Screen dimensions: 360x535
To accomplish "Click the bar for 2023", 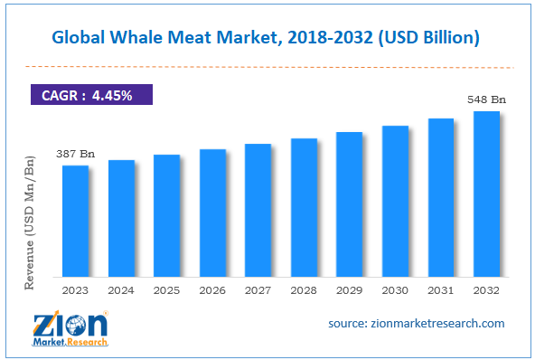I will click(75, 221).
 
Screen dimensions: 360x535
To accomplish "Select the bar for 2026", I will click(212, 213).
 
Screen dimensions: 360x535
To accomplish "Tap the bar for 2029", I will click(349, 204).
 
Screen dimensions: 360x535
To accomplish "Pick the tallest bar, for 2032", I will click(486, 194).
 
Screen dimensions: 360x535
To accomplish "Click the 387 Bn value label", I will click(75, 154).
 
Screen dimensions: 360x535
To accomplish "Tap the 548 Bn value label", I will click(484, 99).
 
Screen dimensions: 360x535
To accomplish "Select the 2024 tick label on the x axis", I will click(121, 290).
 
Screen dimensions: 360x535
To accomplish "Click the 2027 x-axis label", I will click(258, 290).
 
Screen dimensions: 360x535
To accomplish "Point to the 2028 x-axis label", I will click(304, 290).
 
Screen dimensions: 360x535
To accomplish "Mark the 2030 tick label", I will click(395, 290).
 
